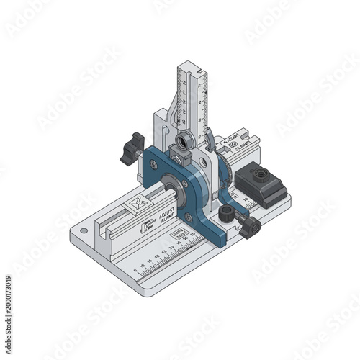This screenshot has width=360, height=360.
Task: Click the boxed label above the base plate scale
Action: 177,236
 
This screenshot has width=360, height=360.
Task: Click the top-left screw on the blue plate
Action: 153,165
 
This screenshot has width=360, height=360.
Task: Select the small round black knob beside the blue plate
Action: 228,213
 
